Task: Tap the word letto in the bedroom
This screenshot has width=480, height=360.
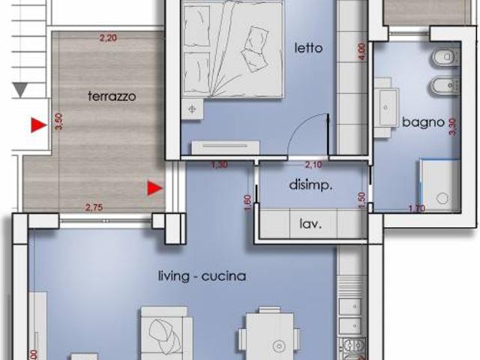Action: (308, 48)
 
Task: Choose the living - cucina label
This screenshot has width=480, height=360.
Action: (202, 276)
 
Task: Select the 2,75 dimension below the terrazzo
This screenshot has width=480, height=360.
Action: (94, 207)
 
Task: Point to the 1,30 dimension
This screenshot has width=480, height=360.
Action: (219, 164)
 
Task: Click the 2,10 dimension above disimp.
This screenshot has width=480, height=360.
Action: (313, 164)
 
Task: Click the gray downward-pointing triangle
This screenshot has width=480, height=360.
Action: (20, 90)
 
